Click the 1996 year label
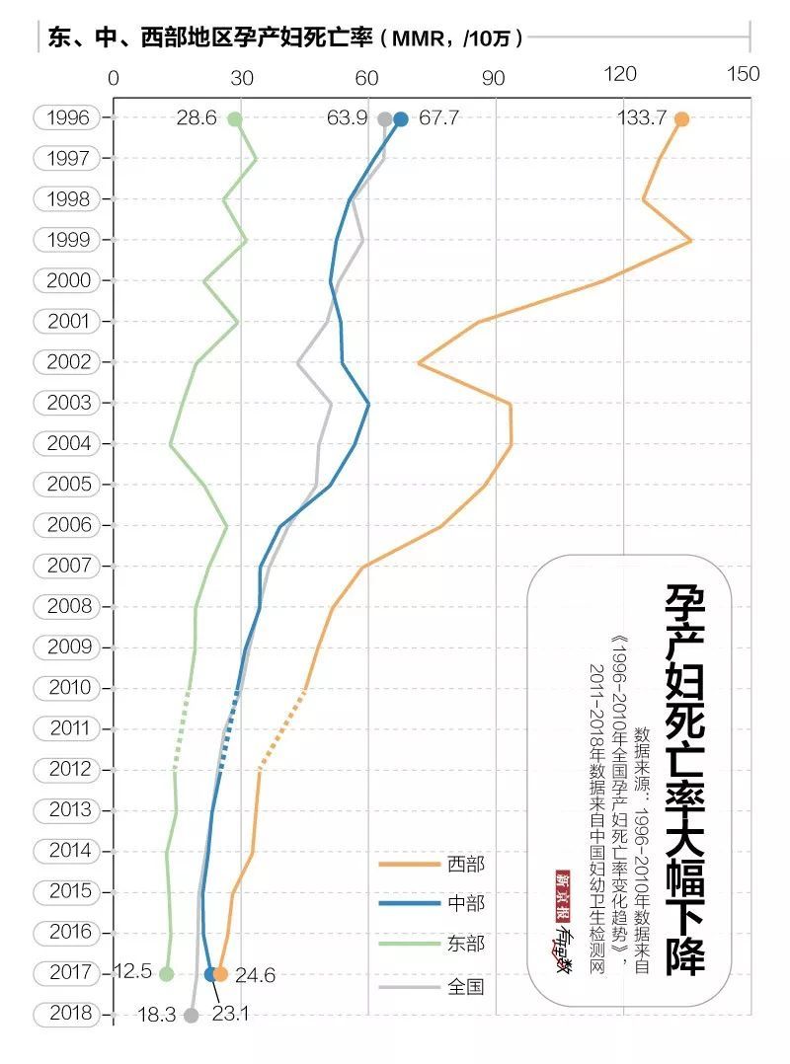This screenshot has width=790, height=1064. tap(67, 117)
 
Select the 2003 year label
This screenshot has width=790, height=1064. tap(67, 403)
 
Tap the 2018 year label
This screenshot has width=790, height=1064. tap(67, 1014)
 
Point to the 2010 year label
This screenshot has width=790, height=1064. tap(67, 687)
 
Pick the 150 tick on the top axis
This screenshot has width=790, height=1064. tap(744, 75)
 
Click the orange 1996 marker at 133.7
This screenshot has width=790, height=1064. tap(680, 119)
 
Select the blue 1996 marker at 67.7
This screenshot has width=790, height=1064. tap(400, 119)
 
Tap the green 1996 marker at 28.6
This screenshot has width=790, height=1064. tap(235, 119)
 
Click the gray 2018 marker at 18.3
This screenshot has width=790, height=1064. tap(192, 1015)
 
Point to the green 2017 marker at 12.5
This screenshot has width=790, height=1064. tap(166, 974)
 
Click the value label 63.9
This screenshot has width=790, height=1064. tap(347, 118)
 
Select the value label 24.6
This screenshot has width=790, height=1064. tap(255, 976)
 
